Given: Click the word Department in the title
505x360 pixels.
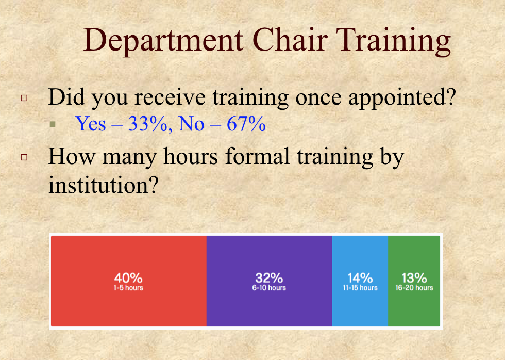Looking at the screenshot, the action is (x=163, y=41).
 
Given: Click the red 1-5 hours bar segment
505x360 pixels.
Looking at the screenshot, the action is (x=129, y=281).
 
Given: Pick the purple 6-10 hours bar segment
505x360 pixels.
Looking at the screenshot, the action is (x=269, y=281).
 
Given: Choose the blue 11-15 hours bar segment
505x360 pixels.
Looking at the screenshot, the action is (x=360, y=281).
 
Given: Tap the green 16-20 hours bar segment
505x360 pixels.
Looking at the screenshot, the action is (x=414, y=281).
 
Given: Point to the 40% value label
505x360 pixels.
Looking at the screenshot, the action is (x=128, y=278).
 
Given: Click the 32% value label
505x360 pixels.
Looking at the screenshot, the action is (x=269, y=278).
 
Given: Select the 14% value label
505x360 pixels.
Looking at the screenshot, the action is (x=360, y=278).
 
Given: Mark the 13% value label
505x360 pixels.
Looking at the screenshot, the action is (x=414, y=278).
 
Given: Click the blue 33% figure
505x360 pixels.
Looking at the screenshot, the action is (x=148, y=124).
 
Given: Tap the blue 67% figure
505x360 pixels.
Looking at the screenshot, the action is (x=246, y=124).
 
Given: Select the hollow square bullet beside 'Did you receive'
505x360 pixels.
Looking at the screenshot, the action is (x=24, y=97).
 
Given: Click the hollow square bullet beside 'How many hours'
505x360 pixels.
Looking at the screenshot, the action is (x=24, y=157).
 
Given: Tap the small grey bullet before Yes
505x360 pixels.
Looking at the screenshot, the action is (x=53, y=124).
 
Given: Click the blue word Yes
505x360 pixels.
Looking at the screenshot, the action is (x=91, y=124).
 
